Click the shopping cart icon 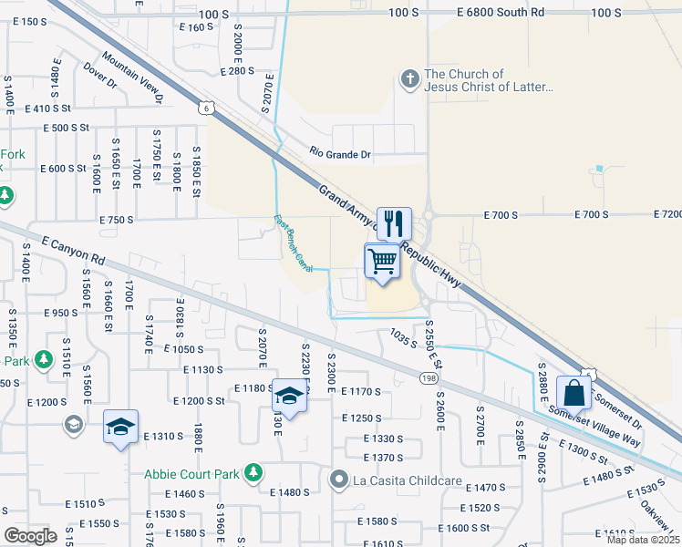pos(384,262)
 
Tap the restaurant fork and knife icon pos(394,222)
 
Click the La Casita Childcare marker pos(339,479)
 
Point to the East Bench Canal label pos(293,243)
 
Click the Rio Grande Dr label pos(340,154)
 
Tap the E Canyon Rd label pos(72,251)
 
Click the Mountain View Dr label pos(133,77)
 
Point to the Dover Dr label pos(100,75)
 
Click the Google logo pos(30,536)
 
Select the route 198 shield pos(428,377)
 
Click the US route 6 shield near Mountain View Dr pos(208,108)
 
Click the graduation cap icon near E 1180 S pos(289,397)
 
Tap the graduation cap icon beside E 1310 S pos(119,428)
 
